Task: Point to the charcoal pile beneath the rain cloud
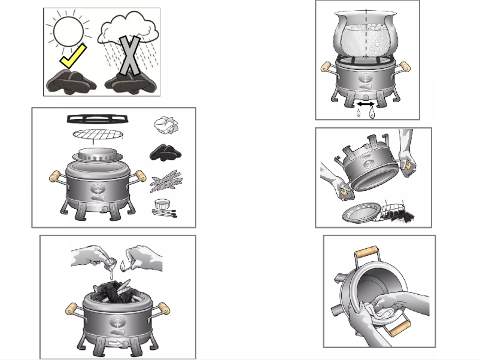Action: click(x=131, y=83)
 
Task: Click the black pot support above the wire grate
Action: click(x=95, y=118)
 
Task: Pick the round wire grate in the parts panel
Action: click(x=96, y=133)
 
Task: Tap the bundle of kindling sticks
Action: click(x=165, y=181)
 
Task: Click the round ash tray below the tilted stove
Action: click(x=361, y=213)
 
